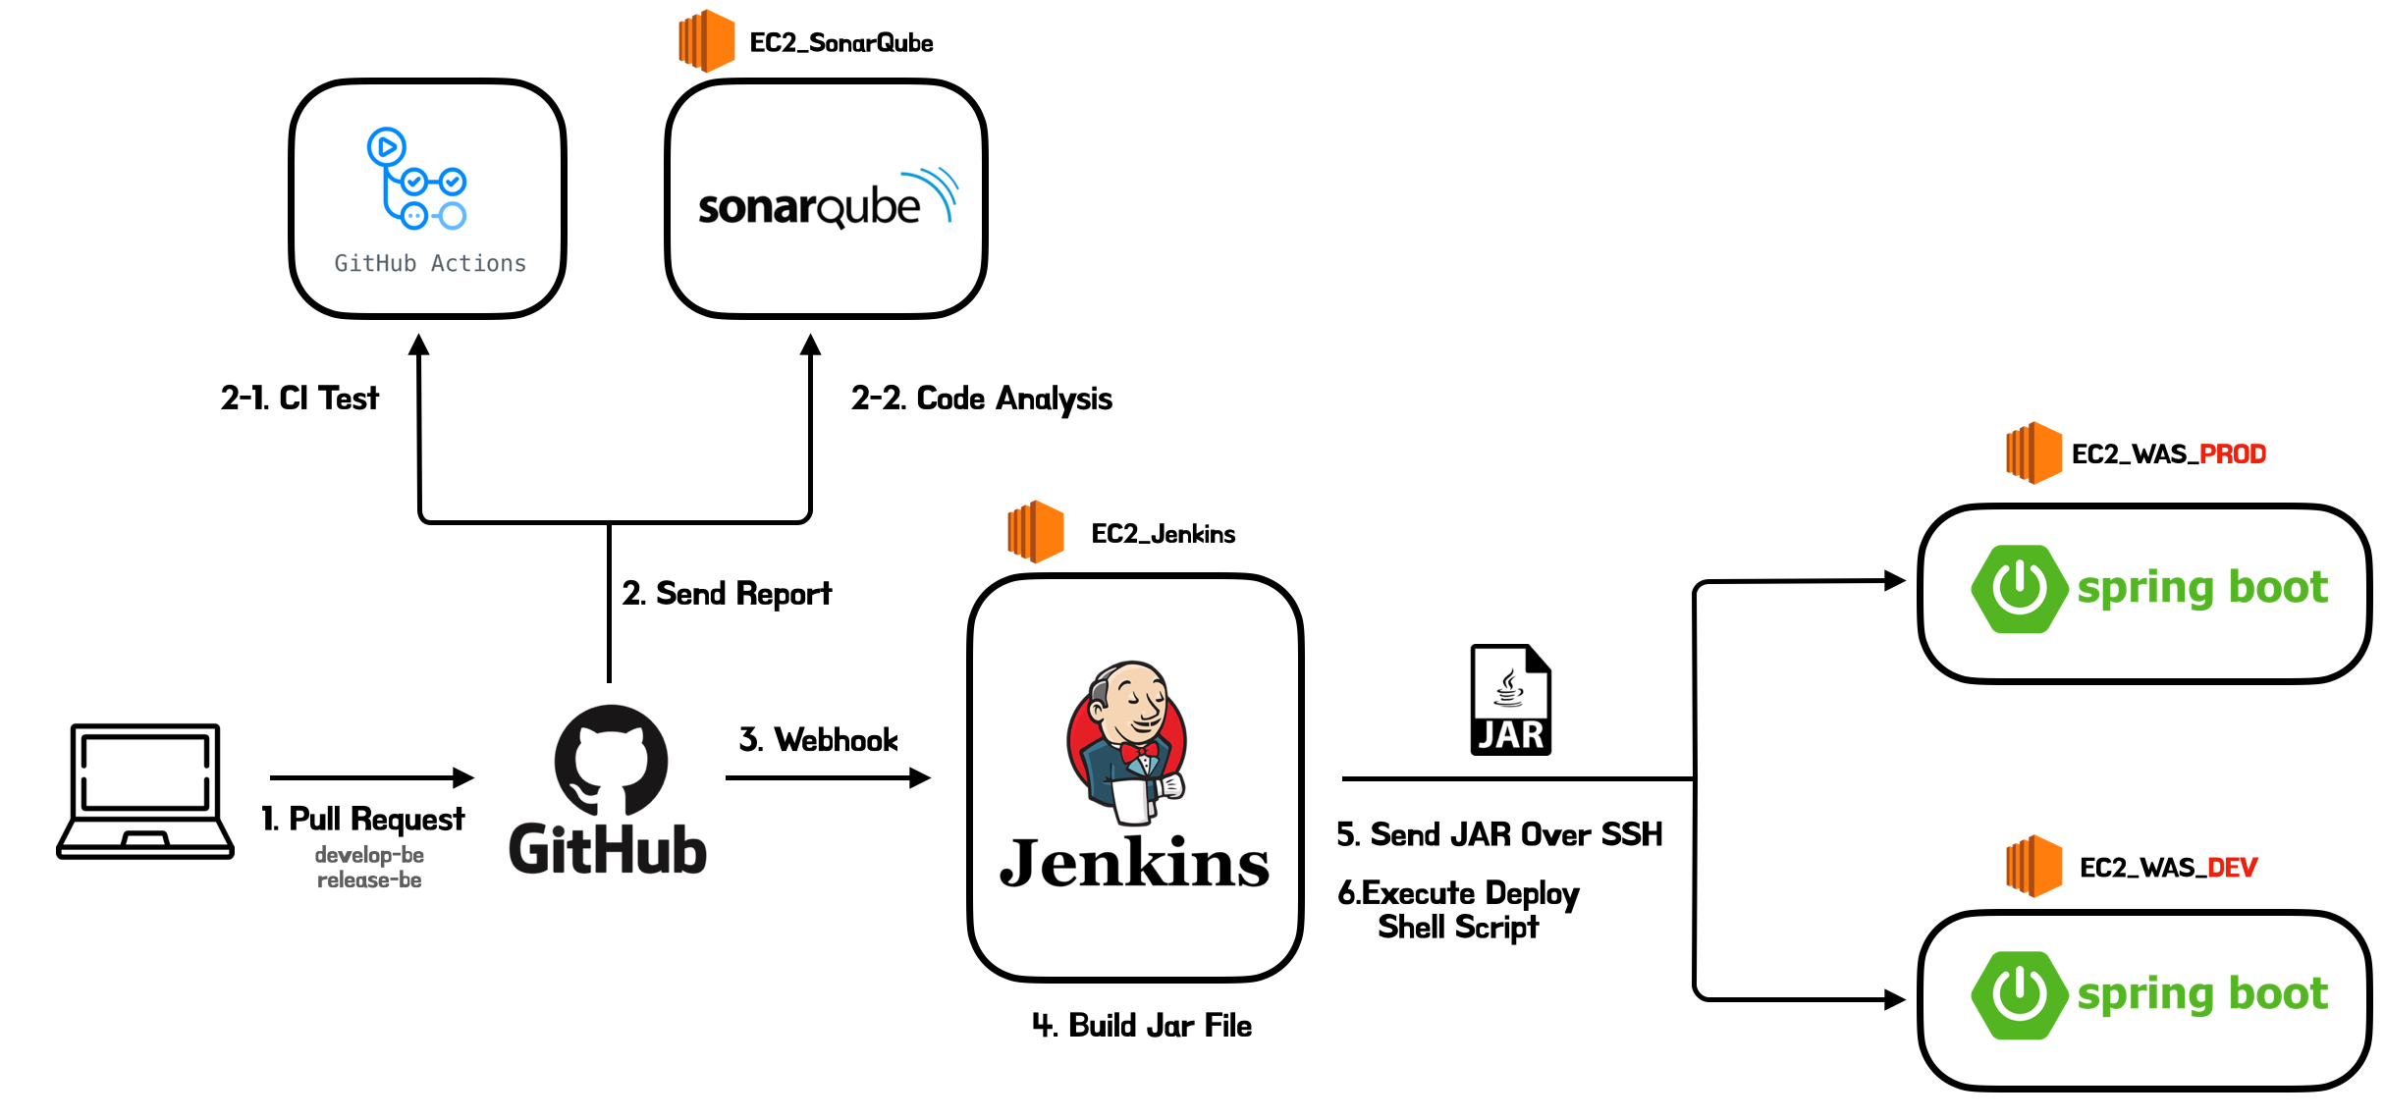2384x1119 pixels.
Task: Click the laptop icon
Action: [145, 791]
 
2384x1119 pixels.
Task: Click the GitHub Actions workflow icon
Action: [416, 179]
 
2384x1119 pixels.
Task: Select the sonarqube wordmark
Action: [809, 207]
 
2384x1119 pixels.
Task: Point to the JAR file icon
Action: [1510, 700]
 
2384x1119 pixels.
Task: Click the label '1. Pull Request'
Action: [362, 819]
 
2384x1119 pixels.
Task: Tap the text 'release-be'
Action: [369, 880]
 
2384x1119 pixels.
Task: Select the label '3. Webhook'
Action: [818, 740]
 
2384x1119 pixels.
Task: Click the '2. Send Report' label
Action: [727, 594]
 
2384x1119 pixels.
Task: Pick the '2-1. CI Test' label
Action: [299, 399]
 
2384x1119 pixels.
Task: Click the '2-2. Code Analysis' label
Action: [981, 399]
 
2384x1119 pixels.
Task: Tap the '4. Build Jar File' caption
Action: [1142, 1026]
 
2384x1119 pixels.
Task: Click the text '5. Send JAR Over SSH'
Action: [1499, 834]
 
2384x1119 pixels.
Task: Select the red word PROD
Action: [2232, 454]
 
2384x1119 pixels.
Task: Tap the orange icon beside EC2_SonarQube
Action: [706, 41]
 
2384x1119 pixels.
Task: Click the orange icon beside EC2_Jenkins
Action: [1035, 532]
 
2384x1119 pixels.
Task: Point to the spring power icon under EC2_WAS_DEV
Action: [2019, 994]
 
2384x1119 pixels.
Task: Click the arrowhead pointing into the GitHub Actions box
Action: [419, 345]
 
